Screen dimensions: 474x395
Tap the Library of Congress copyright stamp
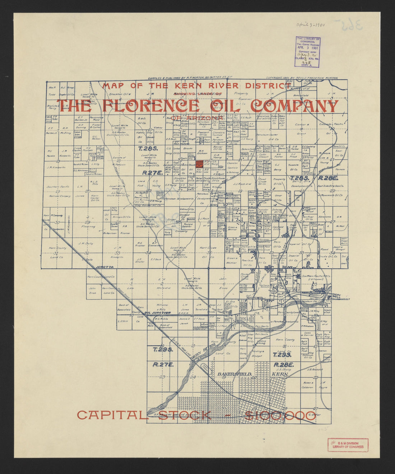[308, 52]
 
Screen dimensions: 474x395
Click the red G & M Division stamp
[347, 445]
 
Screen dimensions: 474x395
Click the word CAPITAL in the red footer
[112, 415]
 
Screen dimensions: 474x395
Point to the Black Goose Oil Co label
[218, 180]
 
